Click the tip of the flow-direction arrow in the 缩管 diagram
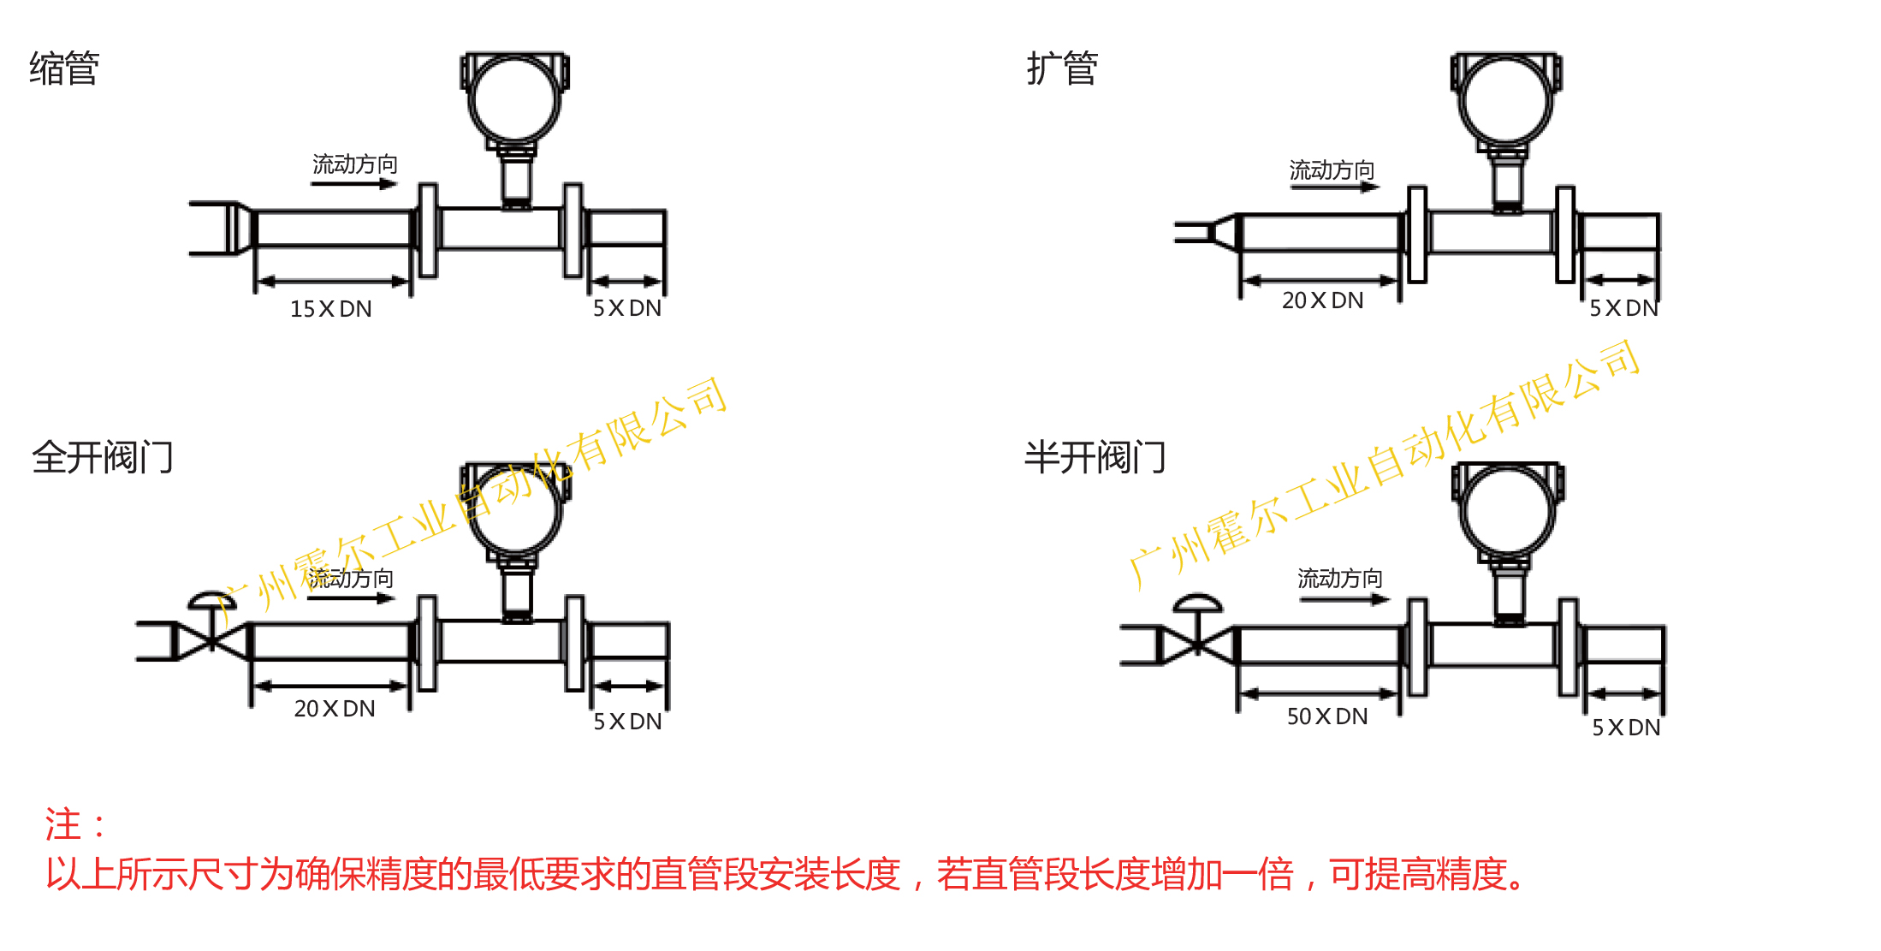tap(398, 183)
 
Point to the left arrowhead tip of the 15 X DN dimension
tap(258, 281)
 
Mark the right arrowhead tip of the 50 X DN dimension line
tap(1398, 693)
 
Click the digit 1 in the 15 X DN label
tap(295, 309)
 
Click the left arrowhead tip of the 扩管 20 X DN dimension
tap(1243, 280)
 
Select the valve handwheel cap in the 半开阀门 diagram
tap(1197, 603)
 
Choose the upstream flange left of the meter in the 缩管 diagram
tap(428, 230)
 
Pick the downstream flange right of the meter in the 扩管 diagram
tap(1564, 234)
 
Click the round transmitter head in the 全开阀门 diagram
tap(515, 510)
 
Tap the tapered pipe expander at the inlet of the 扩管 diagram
tap(1224, 232)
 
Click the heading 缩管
tap(64, 68)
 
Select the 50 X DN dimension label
tap(1327, 716)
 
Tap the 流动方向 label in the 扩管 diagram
tap(1332, 170)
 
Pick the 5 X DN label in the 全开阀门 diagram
tap(627, 722)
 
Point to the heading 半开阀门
tap(1095, 457)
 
